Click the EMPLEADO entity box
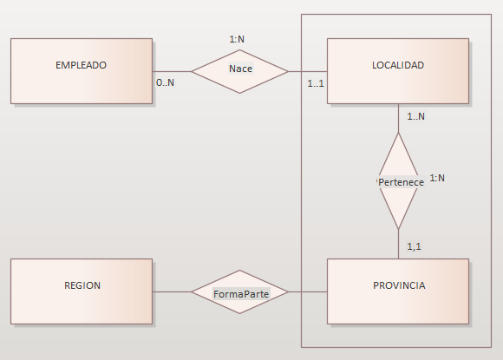coord(82,71)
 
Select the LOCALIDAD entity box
coord(398,71)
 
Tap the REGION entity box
coord(82,291)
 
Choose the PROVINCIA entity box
coord(398,291)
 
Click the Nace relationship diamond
coord(239,71)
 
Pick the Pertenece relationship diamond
coord(398,181)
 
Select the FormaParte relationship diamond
coord(239,292)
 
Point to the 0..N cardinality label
coord(165,82)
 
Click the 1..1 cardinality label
coord(316,84)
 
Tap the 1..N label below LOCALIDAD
coord(415,116)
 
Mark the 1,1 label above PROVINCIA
coord(414,246)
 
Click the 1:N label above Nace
coord(237,39)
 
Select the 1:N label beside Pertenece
coord(437,178)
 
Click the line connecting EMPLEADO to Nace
coord(172,71)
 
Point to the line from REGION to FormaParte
coord(172,292)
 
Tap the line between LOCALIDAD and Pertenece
coord(398,118)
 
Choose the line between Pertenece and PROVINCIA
coord(398,244)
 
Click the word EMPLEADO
coord(81,65)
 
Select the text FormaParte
coord(241,294)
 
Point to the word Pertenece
coord(401,182)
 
